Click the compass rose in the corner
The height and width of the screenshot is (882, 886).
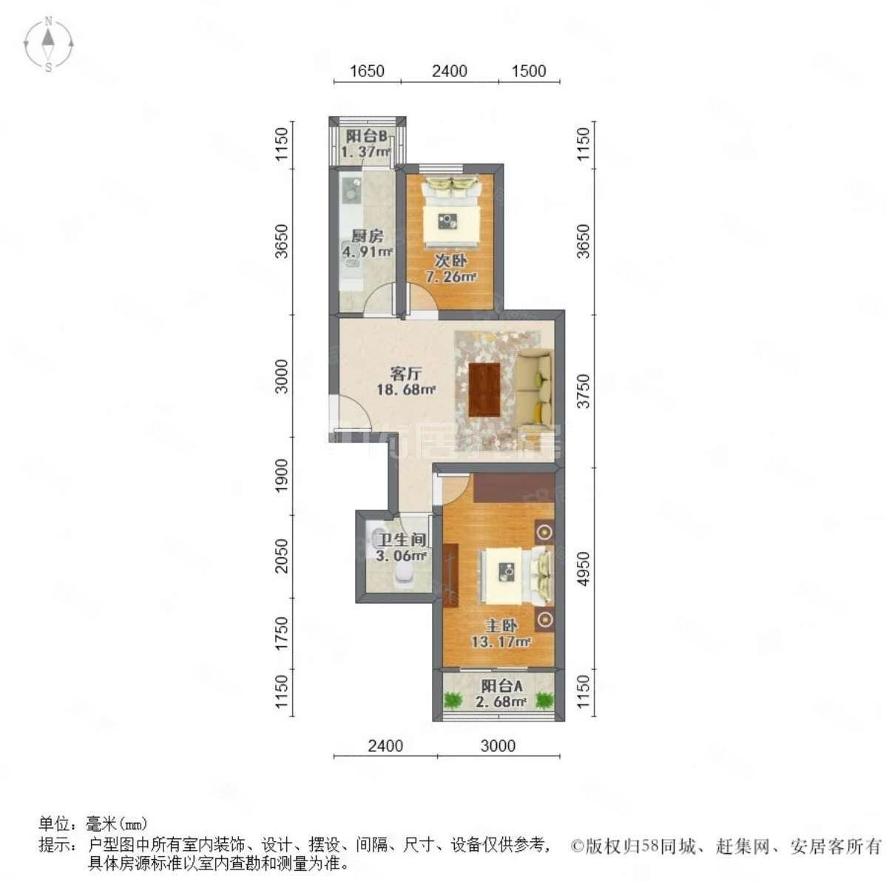pos(49,45)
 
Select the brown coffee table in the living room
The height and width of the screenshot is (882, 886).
pos(485,389)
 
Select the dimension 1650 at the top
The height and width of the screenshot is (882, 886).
pos(367,71)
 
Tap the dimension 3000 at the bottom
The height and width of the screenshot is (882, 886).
pos(498,746)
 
